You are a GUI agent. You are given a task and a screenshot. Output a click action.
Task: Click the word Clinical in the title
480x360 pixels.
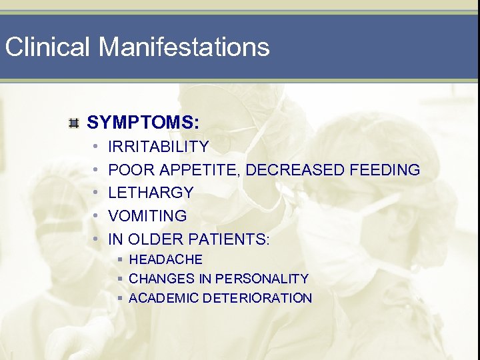(x=47, y=47)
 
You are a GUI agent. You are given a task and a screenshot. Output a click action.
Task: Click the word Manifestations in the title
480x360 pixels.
(x=184, y=47)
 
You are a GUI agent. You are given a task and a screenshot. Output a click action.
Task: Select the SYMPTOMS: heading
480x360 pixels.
(x=143, y=123)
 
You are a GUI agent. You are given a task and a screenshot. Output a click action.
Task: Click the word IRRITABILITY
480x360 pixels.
(x=158, y=147)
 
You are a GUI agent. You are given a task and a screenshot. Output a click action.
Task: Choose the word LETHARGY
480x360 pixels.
(x=151, y=193)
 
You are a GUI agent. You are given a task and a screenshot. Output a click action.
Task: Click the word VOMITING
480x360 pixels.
(x=147, y=216)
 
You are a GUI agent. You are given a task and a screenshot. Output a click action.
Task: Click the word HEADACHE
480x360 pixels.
(x=165, y=259)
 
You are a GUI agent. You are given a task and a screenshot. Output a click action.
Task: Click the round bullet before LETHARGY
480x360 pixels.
(x=96, y=193)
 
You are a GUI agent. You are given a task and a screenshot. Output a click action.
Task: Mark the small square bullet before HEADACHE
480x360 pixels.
(x=120, y=259)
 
